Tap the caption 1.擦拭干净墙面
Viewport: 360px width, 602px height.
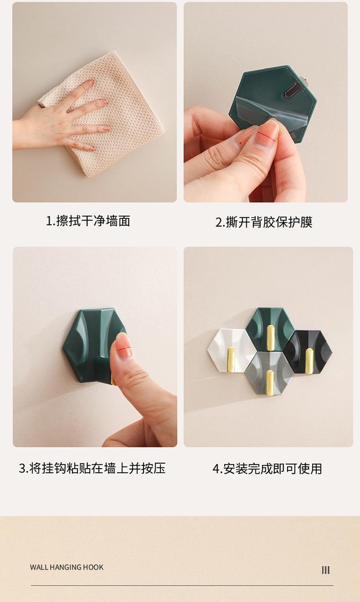pos(88,221)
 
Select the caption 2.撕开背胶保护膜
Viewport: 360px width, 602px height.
pos(264,222)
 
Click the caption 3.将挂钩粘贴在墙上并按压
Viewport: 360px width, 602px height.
pos(92,468)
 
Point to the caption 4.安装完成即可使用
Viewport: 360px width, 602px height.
pos(267,469)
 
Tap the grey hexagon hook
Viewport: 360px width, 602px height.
pos(269,374)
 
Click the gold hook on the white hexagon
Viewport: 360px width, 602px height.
pos(231,360)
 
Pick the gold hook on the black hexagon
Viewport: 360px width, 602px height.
pos(309,361)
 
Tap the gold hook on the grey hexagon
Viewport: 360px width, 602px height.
pos(270,383)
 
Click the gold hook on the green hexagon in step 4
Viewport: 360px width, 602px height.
pos(271,337)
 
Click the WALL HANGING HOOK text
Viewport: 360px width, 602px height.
pos(67,567)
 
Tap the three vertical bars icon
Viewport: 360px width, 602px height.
pos(325,570)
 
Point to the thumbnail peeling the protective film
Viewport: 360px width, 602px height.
pos(266,132)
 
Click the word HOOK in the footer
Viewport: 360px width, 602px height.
pos(93,567)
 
